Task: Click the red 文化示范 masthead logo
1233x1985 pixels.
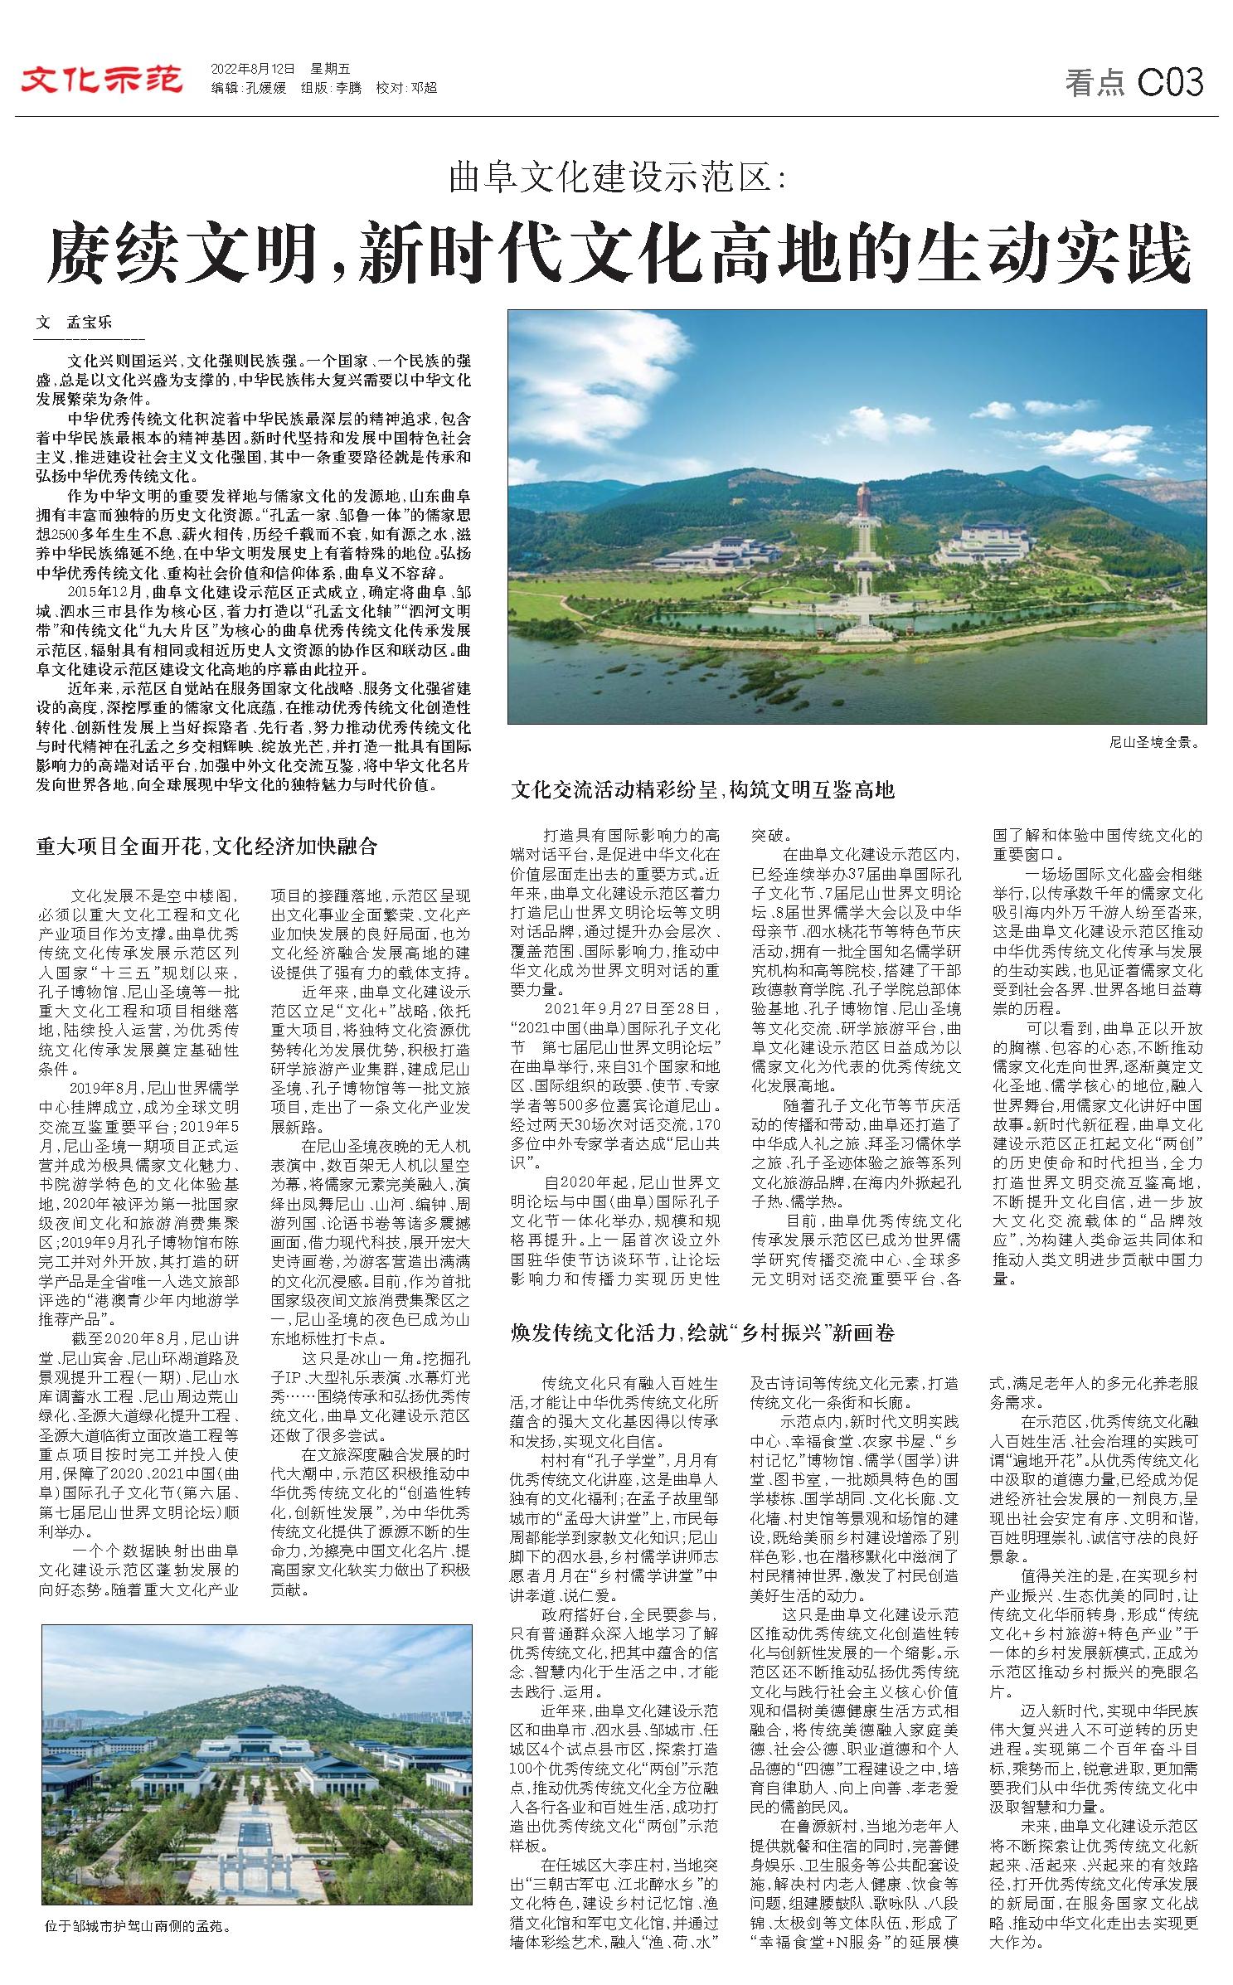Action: coord(102,81)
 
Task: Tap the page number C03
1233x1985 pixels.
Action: coord(1170,83)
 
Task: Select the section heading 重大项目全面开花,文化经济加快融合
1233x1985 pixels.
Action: coord(207,846)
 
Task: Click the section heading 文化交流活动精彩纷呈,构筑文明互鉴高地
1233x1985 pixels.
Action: coord(702,789)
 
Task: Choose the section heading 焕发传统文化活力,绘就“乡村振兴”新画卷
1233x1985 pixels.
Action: coord(702,1332)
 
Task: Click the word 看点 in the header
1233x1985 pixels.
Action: coord(1095,83)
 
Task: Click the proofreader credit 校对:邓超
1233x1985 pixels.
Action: coord(406,89)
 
